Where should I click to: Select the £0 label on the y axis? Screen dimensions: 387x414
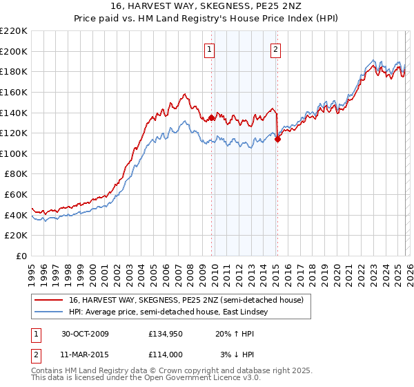pyautogui.click(x=21, y=256)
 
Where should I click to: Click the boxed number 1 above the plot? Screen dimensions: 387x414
pyautogui.click(x=209, y=49)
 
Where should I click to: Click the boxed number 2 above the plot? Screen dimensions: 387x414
pyautogui.click(x=275, y=49)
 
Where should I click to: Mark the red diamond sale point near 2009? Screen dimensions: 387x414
pyautogui.click(x=211, y=117)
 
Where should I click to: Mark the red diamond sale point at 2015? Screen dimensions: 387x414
pyautogui.click(x=277, y=139)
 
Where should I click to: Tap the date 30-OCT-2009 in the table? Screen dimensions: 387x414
pyautogui.click(x=85, y=334)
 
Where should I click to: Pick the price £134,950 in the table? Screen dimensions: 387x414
pyautogui.click(x=166, y=334)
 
